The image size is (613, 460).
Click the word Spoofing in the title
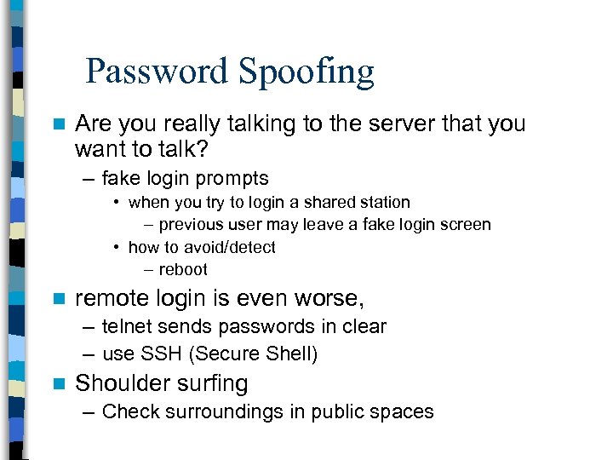307,73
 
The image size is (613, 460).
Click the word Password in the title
157,72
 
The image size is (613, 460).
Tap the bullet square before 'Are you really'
58,124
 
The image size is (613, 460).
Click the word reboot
183,269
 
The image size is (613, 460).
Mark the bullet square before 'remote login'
58,299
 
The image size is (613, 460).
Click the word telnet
128,327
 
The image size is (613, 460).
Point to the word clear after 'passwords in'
363,327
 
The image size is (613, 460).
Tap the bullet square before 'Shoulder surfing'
58,384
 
